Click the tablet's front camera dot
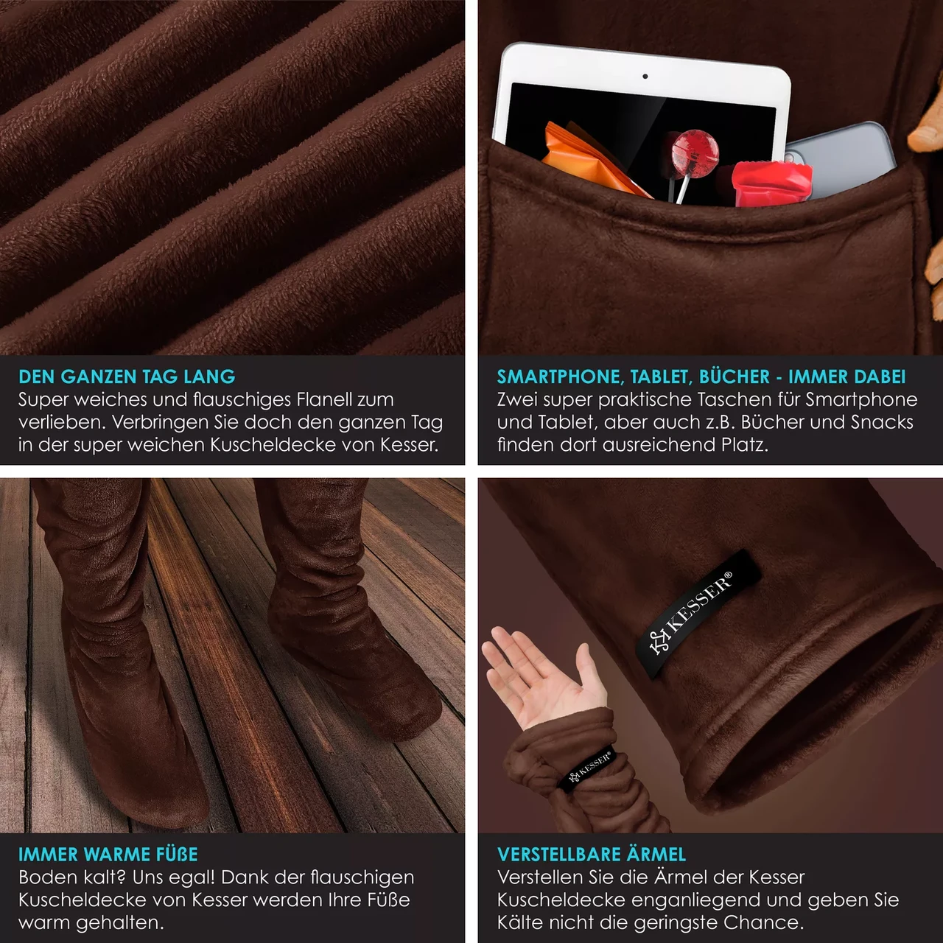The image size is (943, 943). (645, 77)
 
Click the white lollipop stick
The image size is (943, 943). (684, 189)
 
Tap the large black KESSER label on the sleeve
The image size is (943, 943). (698, 614)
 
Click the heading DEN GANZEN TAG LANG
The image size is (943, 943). (127, 376)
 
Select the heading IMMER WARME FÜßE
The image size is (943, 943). (108, 855)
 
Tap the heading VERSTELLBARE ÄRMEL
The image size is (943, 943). (591, 854)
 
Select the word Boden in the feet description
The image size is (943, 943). (46, 877)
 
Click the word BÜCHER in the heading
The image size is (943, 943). (735, 376)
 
